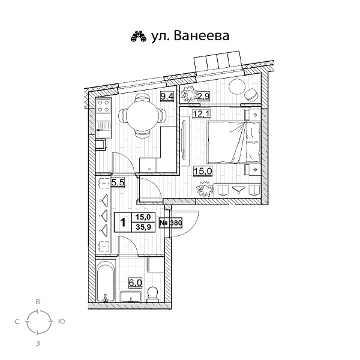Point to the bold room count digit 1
tap(122, 223)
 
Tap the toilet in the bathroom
tap(152, 293)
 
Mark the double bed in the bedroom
tap(232, 141)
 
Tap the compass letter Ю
tap(62, 322)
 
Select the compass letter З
tap(38, 344)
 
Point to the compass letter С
tap(16, 322)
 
